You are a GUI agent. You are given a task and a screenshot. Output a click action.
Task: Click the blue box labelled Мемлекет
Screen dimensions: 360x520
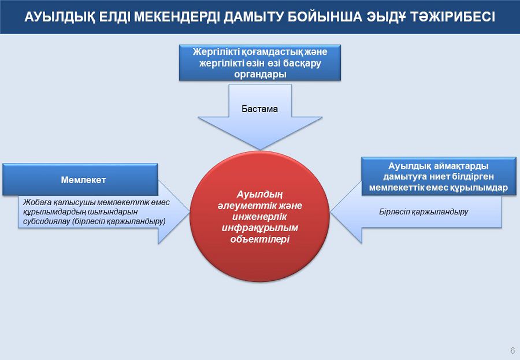coord(80,180)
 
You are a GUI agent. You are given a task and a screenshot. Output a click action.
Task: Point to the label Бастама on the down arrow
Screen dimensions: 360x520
coord(259,108)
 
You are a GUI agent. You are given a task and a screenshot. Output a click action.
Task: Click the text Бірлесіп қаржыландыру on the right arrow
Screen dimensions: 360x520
coord(424,211)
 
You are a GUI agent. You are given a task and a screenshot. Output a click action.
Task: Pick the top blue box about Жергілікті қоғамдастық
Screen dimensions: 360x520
coord(259,62)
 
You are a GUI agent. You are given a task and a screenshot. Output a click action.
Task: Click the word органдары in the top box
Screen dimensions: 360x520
coord(259,73)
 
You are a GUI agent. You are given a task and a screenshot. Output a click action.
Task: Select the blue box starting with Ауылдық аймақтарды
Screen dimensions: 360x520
coord(438,176)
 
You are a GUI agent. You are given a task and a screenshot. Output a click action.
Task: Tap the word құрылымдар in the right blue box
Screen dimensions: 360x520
coord(480,187)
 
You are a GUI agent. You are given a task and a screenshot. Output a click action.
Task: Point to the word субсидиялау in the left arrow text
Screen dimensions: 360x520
coord(44,221)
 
